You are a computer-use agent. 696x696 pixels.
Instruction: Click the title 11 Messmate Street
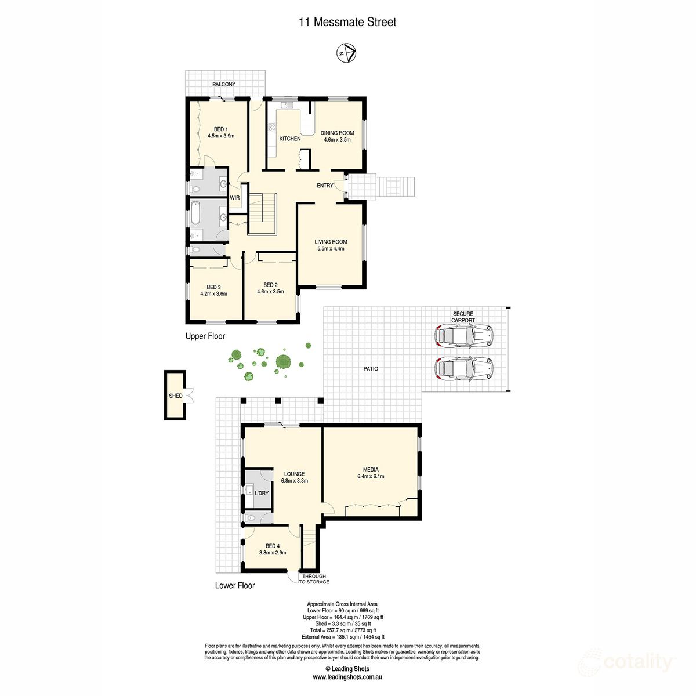(x=347, y=23)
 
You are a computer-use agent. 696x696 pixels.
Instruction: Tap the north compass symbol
(x=346, y=53)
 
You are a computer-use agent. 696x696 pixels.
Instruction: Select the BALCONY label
(x=224, y=85)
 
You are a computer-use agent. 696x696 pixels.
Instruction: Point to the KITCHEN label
(x=290, y=139)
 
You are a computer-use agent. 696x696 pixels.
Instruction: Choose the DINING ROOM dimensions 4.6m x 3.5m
(x=337, y=140)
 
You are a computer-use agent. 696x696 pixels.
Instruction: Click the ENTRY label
(x=325, y=186)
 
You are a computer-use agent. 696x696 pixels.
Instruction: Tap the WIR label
(x=235, y=198)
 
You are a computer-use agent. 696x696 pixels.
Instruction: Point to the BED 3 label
(x=213, y=287)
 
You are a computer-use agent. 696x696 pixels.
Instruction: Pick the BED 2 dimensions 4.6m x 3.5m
(x=270, y=292)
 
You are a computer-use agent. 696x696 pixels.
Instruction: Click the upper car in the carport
(x=464, y=335)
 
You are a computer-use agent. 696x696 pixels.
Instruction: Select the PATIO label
(x=371, y=369)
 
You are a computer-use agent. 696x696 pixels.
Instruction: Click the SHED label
(x=175, y=396)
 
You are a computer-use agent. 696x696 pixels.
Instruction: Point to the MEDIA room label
(x=371, y=470)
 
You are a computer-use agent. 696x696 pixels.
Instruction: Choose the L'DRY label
(x=262, y=494)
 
